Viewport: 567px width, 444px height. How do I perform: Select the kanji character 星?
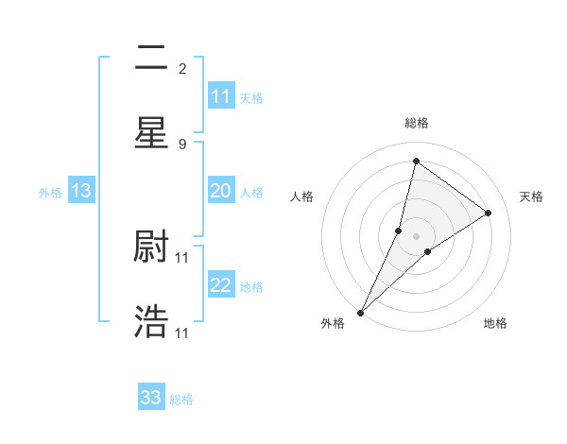[151, 131]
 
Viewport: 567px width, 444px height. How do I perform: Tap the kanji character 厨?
[151, 247]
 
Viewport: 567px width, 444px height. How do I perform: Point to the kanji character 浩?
[151, 322]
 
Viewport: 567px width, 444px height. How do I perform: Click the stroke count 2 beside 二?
[182, 68]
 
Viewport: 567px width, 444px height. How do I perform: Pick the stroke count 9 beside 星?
[182, 144]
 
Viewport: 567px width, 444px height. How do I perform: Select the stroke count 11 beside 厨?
[183, 257]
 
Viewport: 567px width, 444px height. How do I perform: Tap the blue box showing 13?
[81, 192]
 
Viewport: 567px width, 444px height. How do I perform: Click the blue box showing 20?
[221, 192]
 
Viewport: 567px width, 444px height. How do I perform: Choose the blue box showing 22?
[221, 285]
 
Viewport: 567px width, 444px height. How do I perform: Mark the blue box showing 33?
[151, 398]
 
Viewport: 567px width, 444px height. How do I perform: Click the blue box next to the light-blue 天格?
[221, 96]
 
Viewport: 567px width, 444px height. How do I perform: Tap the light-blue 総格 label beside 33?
[181, 400]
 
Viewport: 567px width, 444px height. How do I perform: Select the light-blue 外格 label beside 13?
[50, 193]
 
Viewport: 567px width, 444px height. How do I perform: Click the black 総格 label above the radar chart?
[416, 123]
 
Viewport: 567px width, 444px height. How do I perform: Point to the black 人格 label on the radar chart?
[302, 196]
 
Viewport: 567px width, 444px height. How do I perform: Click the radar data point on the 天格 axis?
[489, 213]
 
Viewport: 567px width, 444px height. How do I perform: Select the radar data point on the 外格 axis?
[360, 312]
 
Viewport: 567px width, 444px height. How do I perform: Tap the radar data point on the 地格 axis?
[428, 250]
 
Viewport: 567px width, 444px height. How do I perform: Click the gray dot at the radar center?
[416, 235]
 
